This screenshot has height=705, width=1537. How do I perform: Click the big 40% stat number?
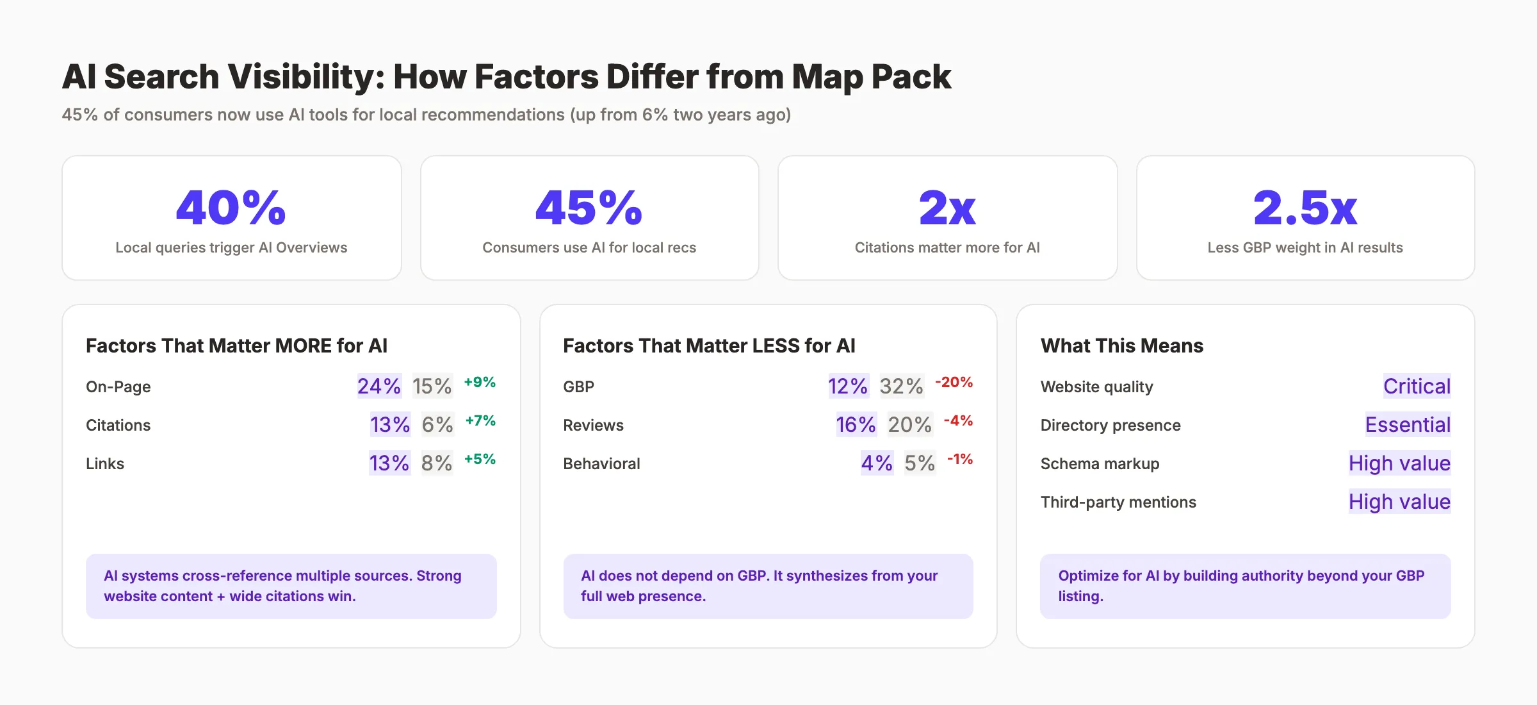pos(231,208)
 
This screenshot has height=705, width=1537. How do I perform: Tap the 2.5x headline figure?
pos(1305,208)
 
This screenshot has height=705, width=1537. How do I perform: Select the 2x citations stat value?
pos(947,208)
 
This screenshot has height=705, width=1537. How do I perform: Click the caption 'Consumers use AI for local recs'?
pos(589,247)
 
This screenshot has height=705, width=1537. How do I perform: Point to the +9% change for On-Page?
pos(480,382)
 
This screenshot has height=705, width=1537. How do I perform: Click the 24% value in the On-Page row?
pos(379,386)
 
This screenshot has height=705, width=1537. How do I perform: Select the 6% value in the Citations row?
pos(437,424)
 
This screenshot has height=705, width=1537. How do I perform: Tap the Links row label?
pos(105,463)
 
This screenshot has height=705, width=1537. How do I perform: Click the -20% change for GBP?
pos(954,382)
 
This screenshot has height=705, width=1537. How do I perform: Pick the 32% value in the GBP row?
pos(901,386)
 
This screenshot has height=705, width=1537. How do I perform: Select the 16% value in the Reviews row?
pos(856,424)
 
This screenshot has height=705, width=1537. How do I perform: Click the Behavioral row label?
pos(601,463)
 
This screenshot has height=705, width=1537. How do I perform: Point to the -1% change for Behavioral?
pos(960,459)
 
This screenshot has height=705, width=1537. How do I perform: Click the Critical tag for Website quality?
pos(1417,386)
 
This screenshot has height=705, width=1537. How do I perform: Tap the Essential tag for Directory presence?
pos(1408,424)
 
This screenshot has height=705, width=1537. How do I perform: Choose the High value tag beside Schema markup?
pos(1399,463)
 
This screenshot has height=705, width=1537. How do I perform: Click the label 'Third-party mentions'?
pos(1118,502)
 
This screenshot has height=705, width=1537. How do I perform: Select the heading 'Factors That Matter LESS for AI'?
pos(709,345)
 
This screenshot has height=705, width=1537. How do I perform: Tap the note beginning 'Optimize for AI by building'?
pos(1240,585)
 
